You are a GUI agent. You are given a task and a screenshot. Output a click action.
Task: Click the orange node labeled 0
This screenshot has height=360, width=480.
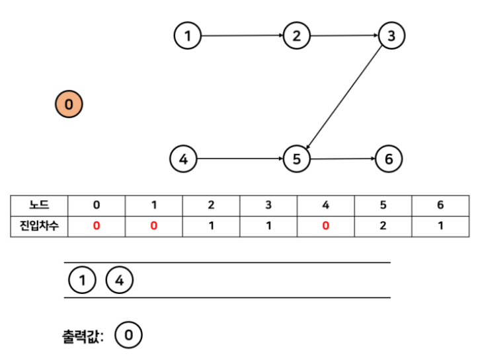click(x=69, y=104)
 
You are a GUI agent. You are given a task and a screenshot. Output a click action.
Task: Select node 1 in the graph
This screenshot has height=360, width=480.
click(x=188, y=36)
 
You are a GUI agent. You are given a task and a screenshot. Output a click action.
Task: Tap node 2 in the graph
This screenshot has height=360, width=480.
click(x=296, y=36)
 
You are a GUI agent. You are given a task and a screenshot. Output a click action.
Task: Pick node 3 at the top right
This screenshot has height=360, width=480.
click(x=391, y=36)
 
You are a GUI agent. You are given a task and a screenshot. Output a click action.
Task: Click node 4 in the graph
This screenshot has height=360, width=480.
click(x=183, y=159)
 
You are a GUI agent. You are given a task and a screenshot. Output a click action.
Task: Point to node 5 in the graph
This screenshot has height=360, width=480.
click(x=296, y=159)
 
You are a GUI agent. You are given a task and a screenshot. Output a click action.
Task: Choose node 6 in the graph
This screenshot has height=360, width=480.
click(x=388, y=159)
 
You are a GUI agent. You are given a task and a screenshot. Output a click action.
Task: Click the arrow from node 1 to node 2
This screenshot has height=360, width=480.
click(x=242, y=36)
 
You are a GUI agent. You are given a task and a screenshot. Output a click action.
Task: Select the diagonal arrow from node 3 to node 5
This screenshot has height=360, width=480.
click(x=344, y=97)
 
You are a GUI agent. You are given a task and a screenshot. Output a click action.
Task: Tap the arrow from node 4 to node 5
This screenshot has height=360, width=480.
click(x=239, y=159)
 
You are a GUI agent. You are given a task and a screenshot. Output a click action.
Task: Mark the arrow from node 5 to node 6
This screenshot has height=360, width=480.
click(x=342, y=159)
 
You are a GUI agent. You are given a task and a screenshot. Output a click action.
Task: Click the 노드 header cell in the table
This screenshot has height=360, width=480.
click(x=39, y=205)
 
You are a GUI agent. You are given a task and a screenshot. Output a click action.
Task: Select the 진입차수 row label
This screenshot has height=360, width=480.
click(x=39, y=226)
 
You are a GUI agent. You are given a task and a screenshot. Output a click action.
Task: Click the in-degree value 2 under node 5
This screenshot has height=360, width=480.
click(x=383, y=226)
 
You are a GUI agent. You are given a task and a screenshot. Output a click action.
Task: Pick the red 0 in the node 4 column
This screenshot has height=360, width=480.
click(x=325, y=226)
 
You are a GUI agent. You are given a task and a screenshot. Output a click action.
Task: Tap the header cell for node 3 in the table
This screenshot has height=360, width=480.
click(x=268, y=205)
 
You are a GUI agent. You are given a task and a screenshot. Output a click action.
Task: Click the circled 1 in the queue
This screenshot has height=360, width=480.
click(x=82, y=281)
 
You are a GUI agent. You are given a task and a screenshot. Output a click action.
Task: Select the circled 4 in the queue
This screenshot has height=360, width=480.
click(x=119, y=281)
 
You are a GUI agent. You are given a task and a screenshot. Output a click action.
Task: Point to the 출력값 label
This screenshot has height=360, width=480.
click(x=83, y=336)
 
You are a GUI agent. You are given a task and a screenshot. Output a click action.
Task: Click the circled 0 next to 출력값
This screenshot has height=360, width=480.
click(x=128, y=336)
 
